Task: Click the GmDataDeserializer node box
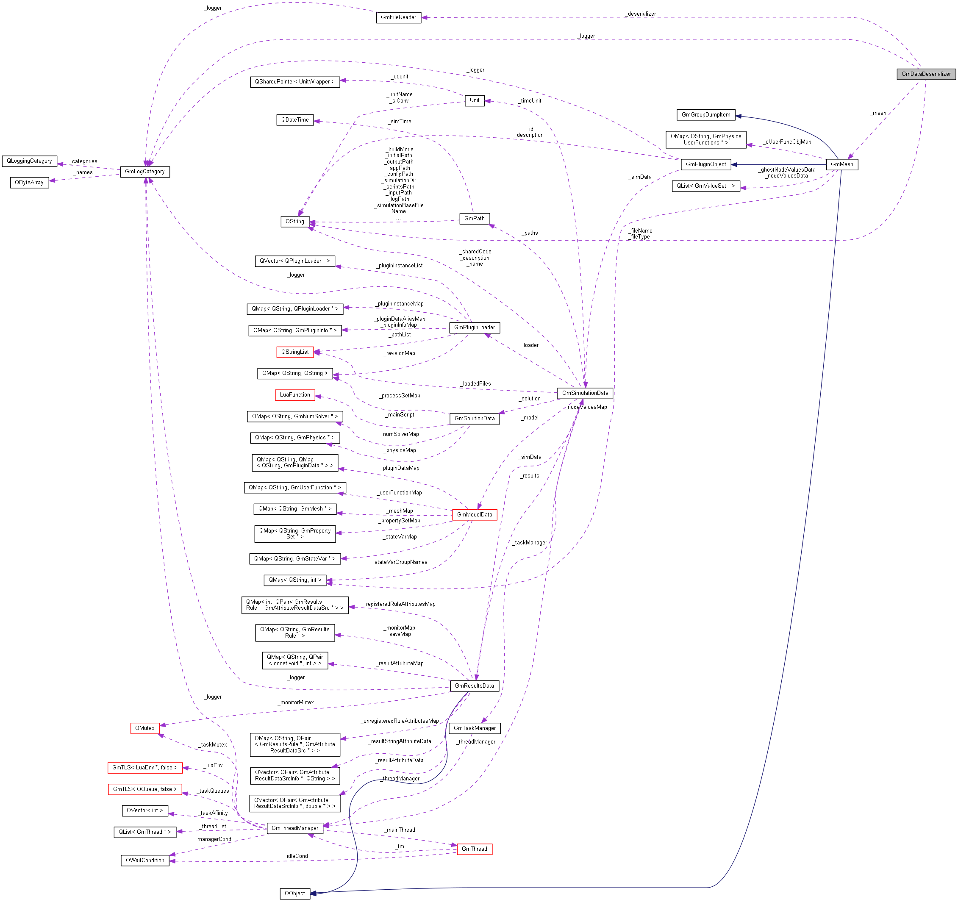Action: click(926, 74)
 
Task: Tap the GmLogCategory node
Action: click(144, 172)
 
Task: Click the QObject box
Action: click(294, 894)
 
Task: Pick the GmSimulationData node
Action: click(585, 393)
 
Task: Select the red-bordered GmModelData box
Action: click(474, 515)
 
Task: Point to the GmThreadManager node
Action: click(294, 828)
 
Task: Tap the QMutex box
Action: click(144, 728)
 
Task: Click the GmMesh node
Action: click(842, 164)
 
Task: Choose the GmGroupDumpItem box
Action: click(705, 115)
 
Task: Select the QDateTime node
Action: click(295, 119)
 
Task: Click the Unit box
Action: click(474, 100)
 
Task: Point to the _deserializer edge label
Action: click(641, 14)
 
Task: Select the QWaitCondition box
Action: click(144, 860)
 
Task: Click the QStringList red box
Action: click(295, 352)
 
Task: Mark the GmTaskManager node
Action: click(474, 728)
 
